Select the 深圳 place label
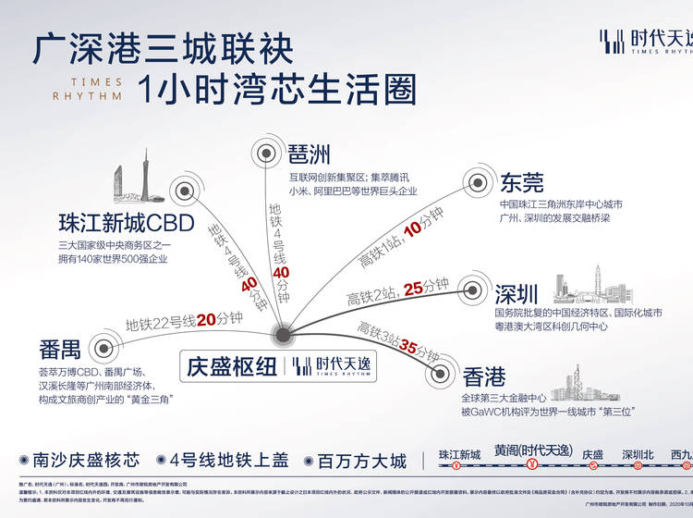click(517, 294)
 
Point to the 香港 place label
click(484, 376)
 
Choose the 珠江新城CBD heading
click(124, 223)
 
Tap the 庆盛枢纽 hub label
click(230, 365)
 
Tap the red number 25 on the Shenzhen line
click(414, 288)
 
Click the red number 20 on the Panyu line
click(206, 320)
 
